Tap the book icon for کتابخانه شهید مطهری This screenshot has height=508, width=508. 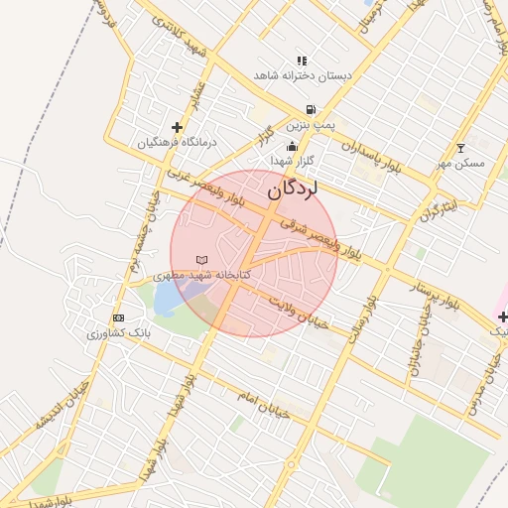pos(202,260)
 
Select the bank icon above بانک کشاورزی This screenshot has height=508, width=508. pos(119,317)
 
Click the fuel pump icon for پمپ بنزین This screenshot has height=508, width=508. pos(312,109)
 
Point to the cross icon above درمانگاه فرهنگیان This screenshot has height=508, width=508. pos(177,127)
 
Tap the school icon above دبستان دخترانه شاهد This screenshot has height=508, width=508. pos(302,61)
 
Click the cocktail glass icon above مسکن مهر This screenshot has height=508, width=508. pos(459,148)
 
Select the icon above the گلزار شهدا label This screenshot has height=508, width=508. pos(291,147)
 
